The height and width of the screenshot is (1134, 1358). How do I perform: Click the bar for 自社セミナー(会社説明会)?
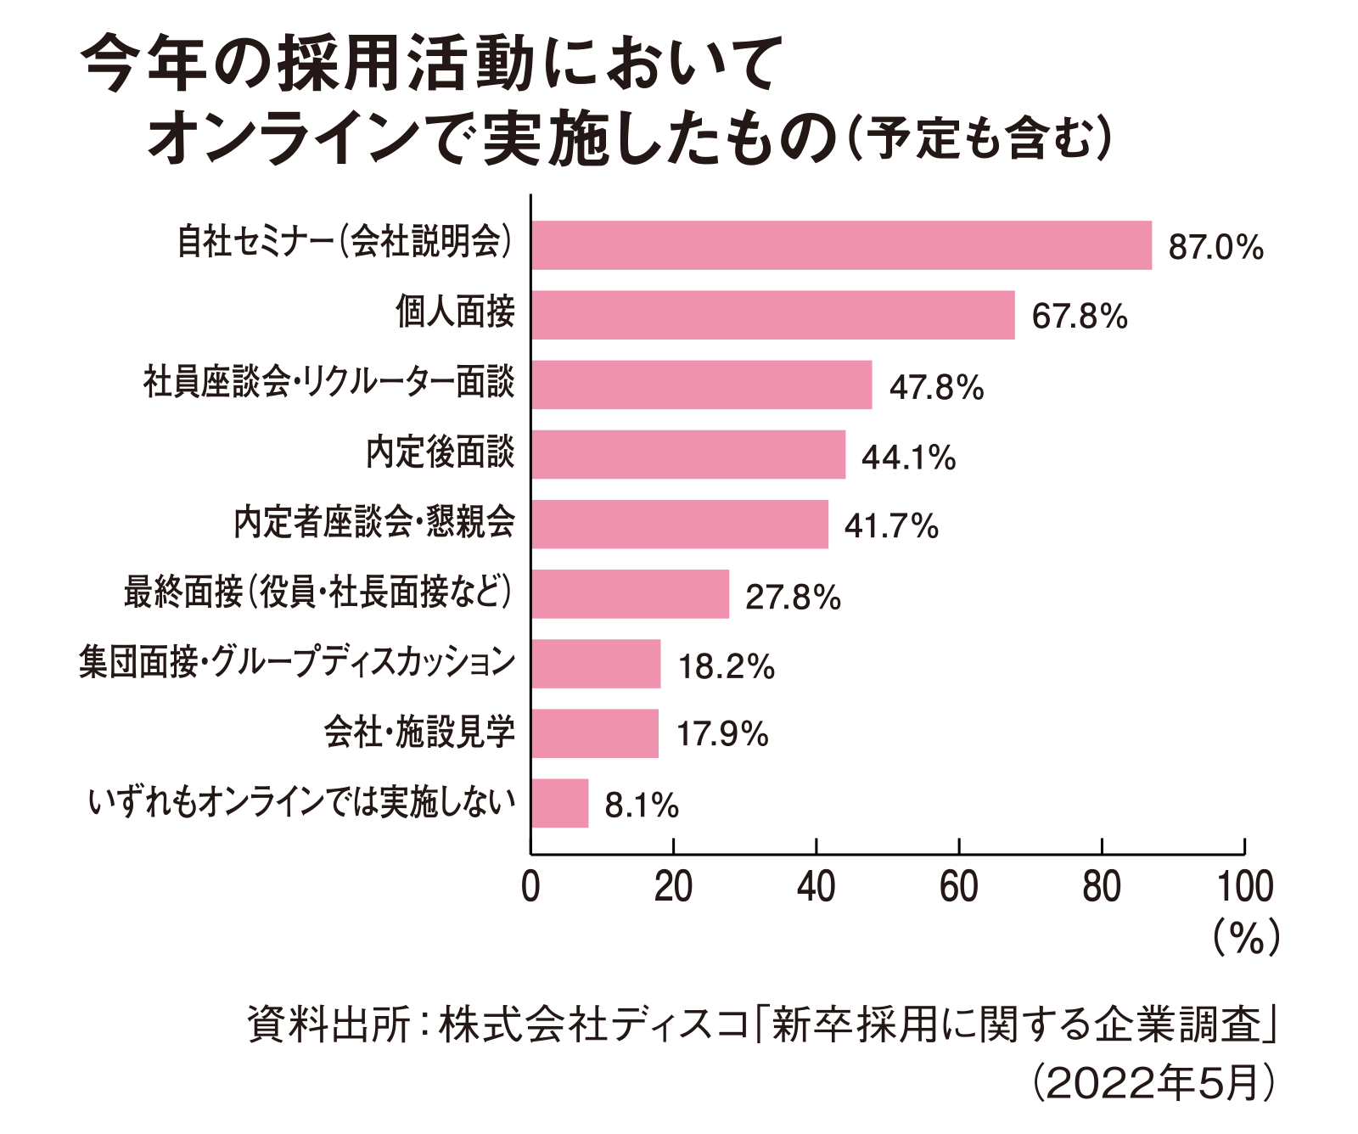click(841, 245)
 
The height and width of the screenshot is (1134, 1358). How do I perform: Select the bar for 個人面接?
click(772, 315)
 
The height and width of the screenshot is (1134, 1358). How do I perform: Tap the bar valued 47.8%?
click(701, 385)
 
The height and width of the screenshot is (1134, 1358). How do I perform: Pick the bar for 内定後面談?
click(687, 454)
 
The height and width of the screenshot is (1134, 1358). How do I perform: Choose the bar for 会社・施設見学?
click(594, 733)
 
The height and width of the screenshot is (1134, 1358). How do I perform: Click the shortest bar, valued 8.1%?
click(559, 803)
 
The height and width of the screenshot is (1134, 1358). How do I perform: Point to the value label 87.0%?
click(1215, 247)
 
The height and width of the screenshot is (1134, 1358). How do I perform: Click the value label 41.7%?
click(891, 526)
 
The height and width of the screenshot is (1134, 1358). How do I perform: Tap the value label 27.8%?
click(793, 597)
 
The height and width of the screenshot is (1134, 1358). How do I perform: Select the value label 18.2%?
click(726, 666)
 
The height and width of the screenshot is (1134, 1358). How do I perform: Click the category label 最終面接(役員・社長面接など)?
click(318, 592)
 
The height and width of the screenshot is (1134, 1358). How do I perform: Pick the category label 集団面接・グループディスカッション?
click(297, 662)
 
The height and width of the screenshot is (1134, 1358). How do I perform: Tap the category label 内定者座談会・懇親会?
click(374, 522)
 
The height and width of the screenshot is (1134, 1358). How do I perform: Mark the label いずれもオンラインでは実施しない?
click(302, 802)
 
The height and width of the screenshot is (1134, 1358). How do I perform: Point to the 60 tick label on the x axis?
click(958, 887)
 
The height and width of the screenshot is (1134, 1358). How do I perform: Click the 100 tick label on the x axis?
click(1244, 887)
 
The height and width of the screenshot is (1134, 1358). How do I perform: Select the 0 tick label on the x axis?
click(530, 887)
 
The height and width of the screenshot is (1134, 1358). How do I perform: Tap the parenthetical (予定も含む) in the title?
click(980, 138)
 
